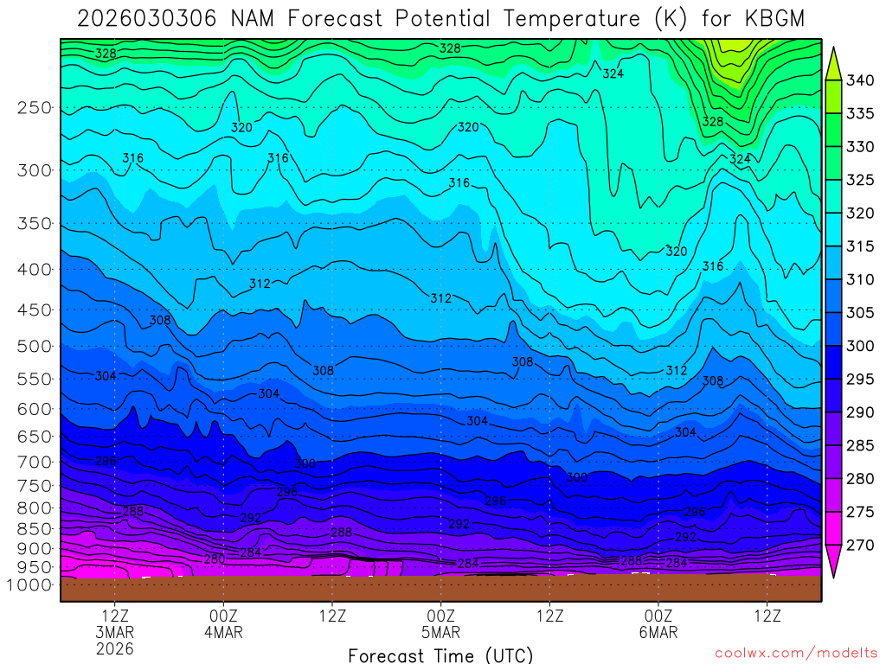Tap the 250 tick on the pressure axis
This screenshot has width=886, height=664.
[x=35, y=108]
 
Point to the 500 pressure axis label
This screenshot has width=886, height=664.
[x=35, y=347]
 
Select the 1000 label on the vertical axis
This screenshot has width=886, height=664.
[x=31, y=585]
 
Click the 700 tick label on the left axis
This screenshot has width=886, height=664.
[x=35, y=462]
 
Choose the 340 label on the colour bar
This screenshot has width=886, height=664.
[x=861, y=80]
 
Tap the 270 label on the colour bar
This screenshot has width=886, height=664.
[x=861, y=546]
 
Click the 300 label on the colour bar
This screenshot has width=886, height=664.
[x=861, y=346]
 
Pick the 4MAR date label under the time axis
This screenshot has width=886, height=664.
[x=223, y=632]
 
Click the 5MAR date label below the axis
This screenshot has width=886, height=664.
[x=441, y=632]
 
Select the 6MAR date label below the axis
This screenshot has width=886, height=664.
[x=658, y=632]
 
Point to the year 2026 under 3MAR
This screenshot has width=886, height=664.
[x=115, y=648]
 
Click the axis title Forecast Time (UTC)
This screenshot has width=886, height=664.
[x=440, y=654]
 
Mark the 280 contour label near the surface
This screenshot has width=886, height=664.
[x=215, y=559]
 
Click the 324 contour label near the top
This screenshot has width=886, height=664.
[x=613, y=73]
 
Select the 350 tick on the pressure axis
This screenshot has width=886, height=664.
[x=35, y=224]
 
